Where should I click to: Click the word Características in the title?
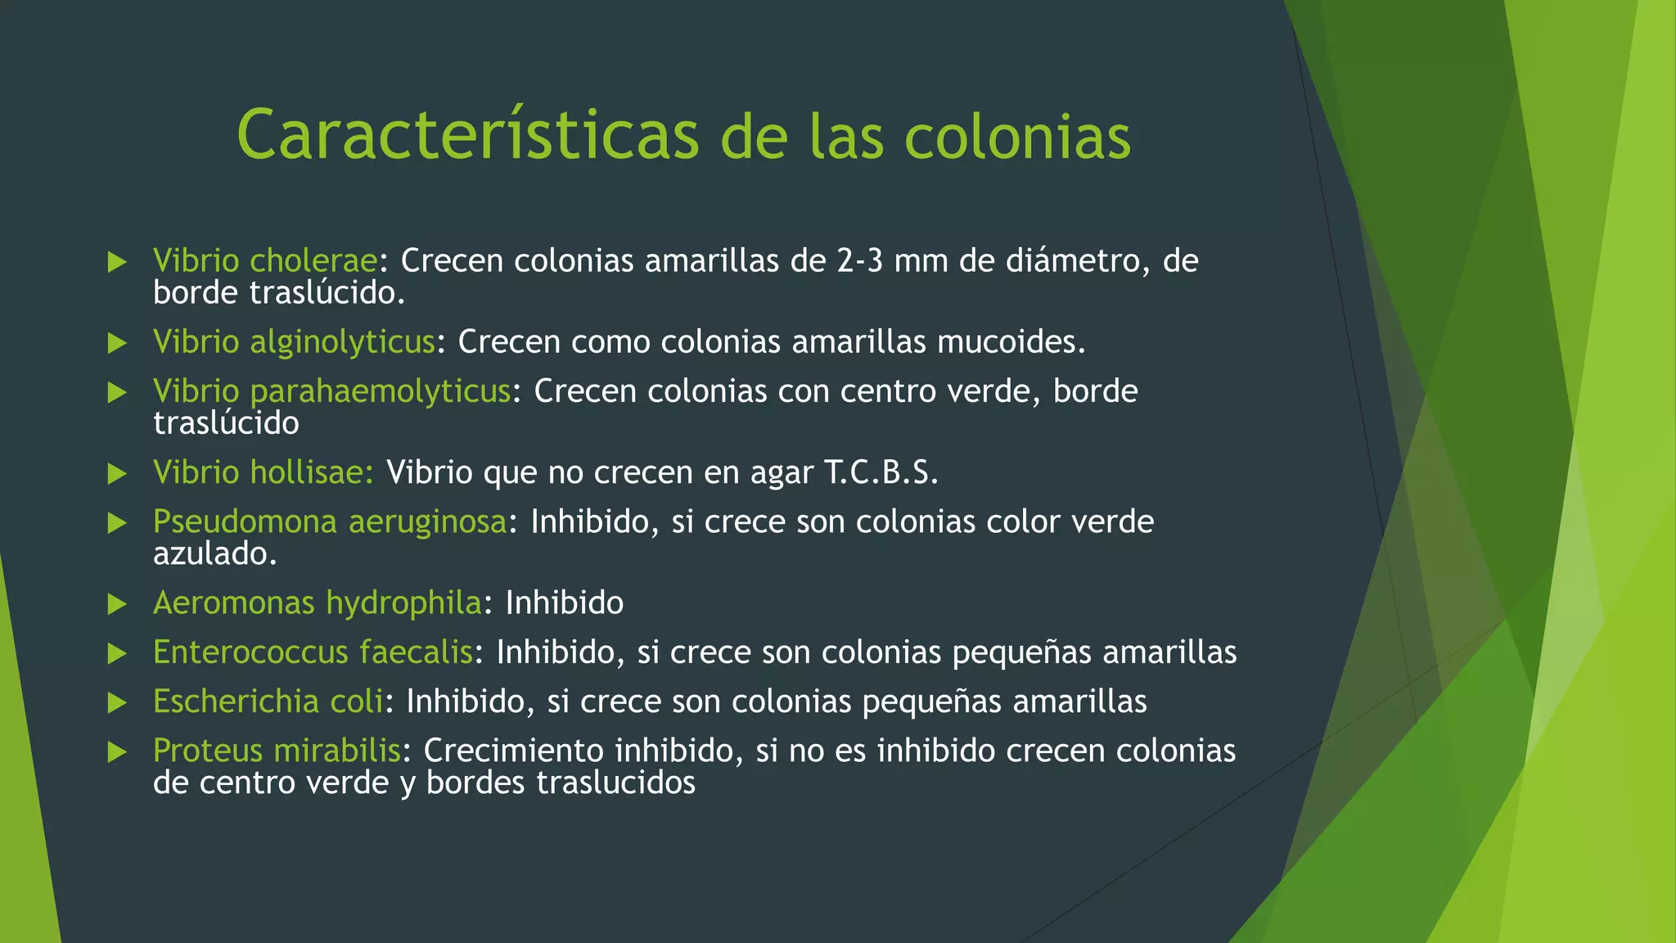click(x=467, y=135)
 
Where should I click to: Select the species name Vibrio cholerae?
click(x=265, y=260)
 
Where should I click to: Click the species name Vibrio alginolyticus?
click(x=294, y=341)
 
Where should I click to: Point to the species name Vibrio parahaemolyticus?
click(x=331, y=391)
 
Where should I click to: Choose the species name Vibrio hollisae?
click(x=262, y=472)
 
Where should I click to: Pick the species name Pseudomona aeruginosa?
click(x=330, y=521)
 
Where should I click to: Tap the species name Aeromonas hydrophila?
click(x=318, y=603)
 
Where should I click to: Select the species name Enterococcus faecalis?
click(x=313, y=652)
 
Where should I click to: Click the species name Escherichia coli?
click(x=268, y=702)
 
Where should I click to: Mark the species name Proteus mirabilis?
click(x=277, y=751)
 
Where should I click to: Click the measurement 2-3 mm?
click(x=892, y=260)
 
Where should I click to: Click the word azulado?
click(x=214, y=554)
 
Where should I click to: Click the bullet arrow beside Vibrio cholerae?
click(x=118, y=262)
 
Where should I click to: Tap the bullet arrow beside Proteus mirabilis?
click(x=118, y=751)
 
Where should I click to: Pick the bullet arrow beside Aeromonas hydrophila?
click(x=118, y=604)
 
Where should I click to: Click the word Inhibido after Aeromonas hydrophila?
click(x=565, y=603)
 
